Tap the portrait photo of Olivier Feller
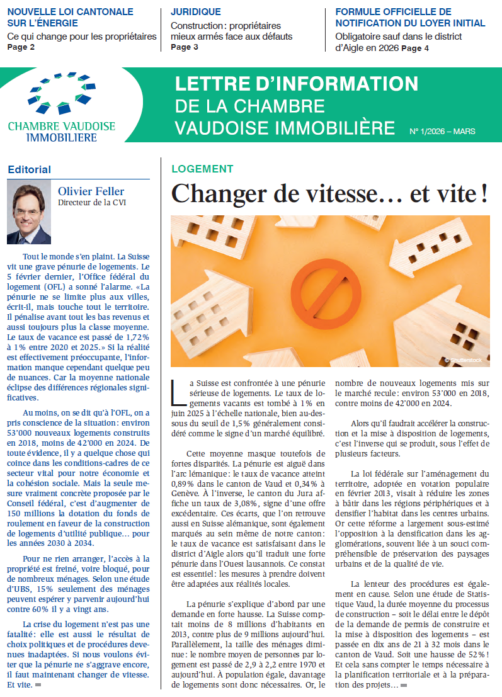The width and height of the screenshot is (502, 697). (x=29, y=213)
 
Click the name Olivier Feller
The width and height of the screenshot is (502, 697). (x=92, y=191)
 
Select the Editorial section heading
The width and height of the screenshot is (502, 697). (x=29, y=169)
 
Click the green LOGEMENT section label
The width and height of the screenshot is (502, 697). (x=202, y=169)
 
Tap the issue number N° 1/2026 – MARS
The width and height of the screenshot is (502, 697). (x=442, y=132)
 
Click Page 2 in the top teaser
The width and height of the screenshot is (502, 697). (x=21, y=47)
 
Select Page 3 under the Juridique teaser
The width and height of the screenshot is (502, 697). (x=185, y=47)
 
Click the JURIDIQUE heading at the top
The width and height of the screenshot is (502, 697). (x=196, y=11)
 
